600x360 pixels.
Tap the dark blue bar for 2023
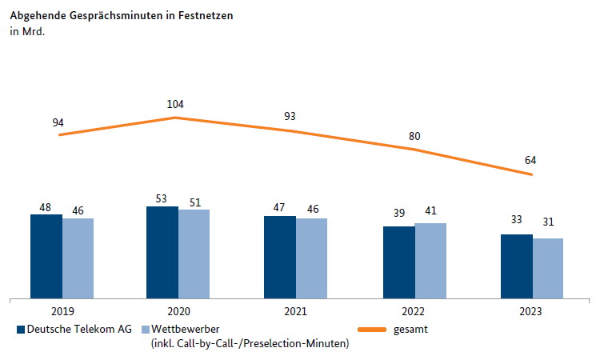click(x=517, y=266)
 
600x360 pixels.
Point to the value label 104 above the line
click(x=175, y=105)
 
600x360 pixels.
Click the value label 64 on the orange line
click(x=530, y=160)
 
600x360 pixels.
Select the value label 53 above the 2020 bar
click(x=162, y=198)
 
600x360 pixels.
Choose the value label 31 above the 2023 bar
click(x=548, y=222)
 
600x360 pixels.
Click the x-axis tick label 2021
click(x=295, y=312)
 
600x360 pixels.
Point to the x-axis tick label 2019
click(x=62, y=312)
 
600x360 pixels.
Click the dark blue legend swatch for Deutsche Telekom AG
click(x=20, y=329)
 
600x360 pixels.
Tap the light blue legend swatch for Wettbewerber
click(x=145, y=329)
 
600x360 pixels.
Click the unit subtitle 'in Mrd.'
click(x=27, y=32)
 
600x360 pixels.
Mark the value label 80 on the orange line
click(x=414, y=136)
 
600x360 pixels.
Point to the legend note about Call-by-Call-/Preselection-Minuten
click(x=250, y=344)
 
